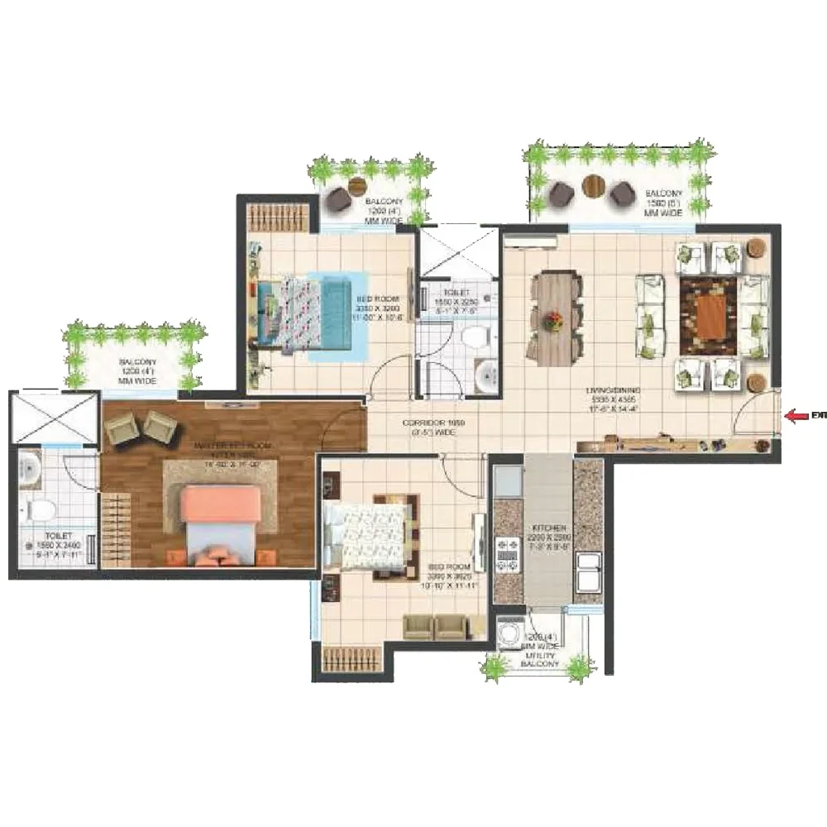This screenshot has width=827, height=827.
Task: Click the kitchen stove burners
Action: click(505, 556)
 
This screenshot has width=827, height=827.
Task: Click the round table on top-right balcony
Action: click(592, 184)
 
